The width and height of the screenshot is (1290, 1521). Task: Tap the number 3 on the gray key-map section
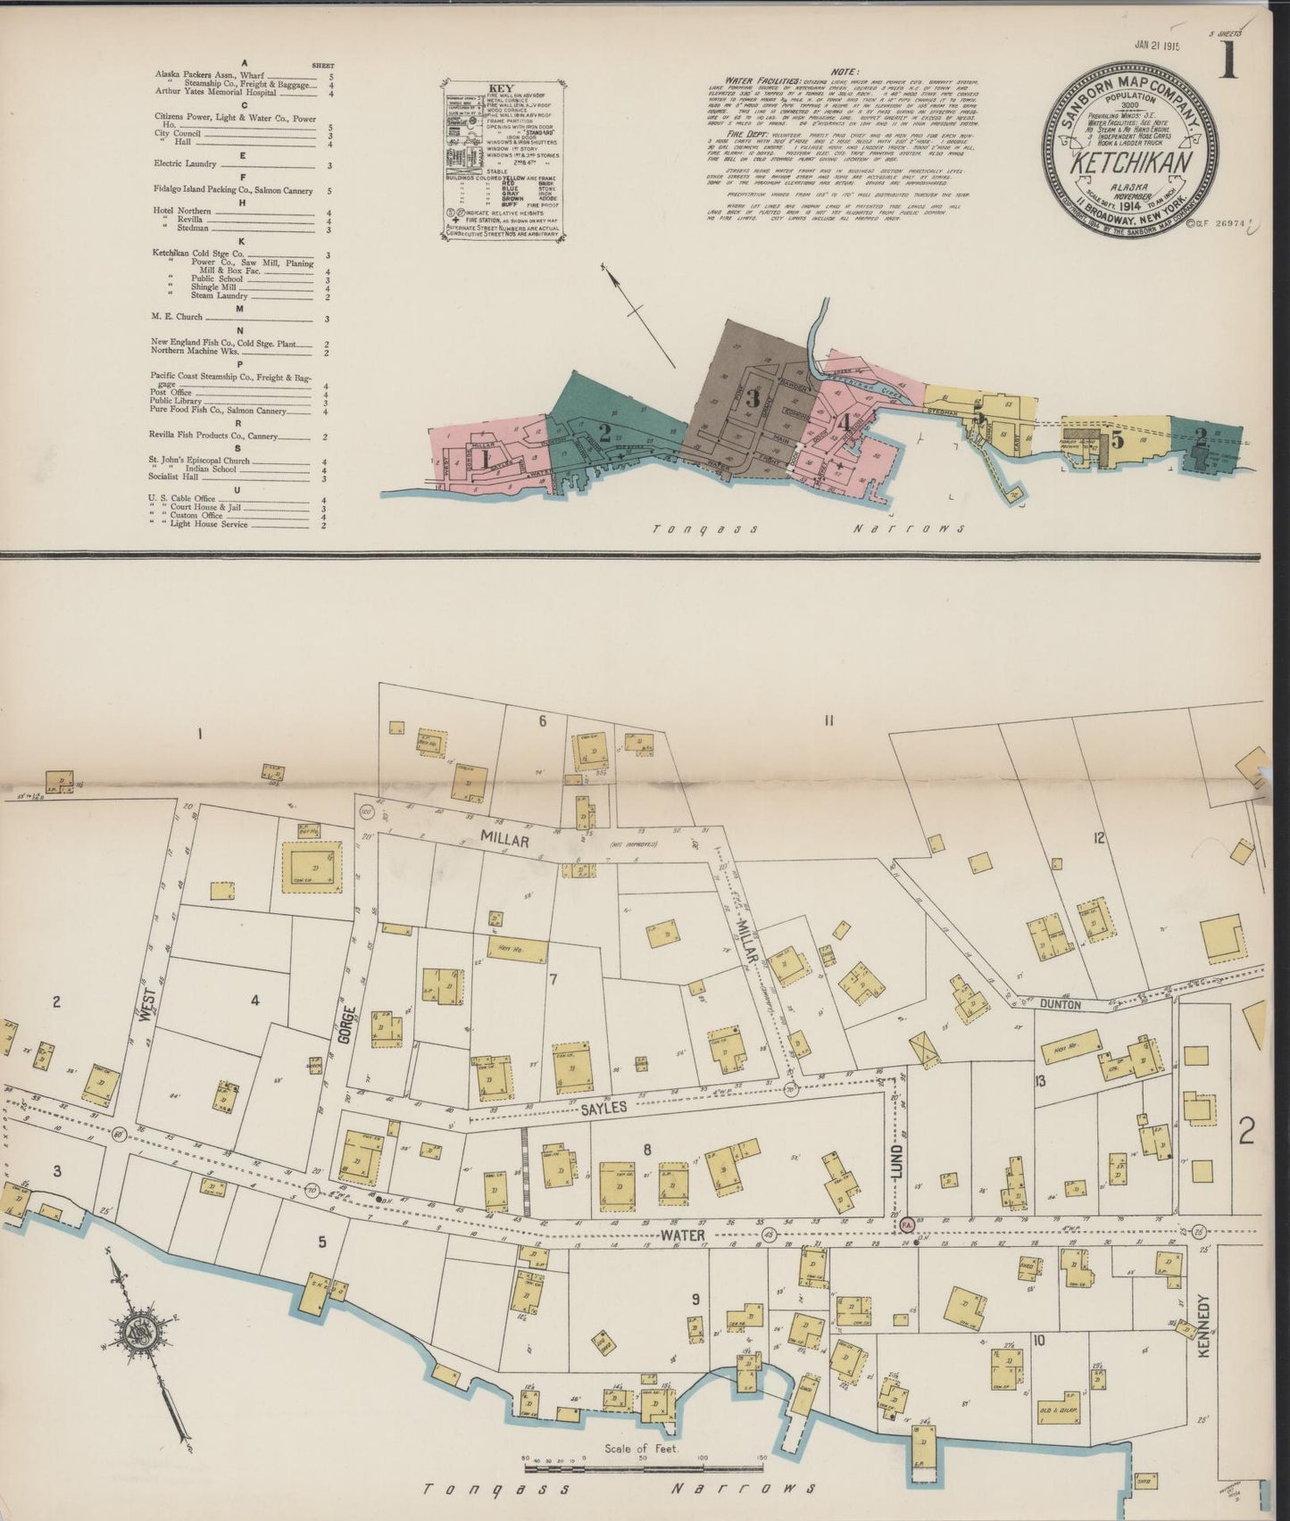753,398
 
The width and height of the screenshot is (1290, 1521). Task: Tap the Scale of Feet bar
643,1464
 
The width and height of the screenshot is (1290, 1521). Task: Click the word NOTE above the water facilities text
844,72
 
